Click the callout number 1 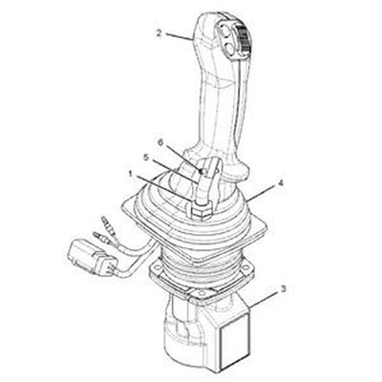click(x=131, y=174)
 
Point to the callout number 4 click(x=281, y=181)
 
